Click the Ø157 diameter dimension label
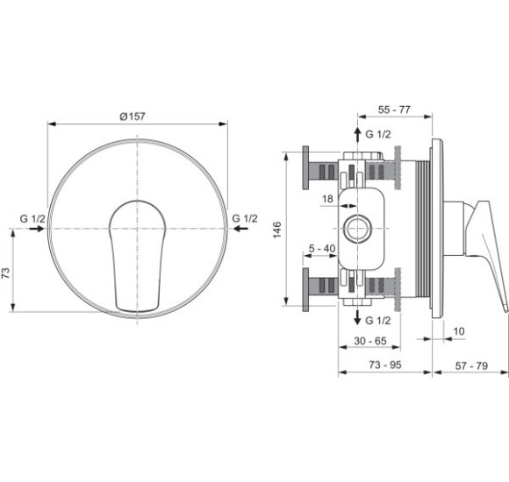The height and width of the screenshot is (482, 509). point(133,117)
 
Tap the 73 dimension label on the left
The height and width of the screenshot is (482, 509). point(6,273)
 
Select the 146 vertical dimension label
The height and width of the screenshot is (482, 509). point(277,230)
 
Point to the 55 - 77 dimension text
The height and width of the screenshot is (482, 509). point(394,110)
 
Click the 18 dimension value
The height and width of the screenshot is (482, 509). point(327,199)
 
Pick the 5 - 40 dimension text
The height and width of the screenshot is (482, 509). point(322,249)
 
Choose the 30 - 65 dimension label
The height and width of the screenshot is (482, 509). point(370,341)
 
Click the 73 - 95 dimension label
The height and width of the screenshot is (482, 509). point(385,365)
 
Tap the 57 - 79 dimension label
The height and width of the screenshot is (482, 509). point(471,365)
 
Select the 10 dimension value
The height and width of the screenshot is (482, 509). point(459,331)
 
